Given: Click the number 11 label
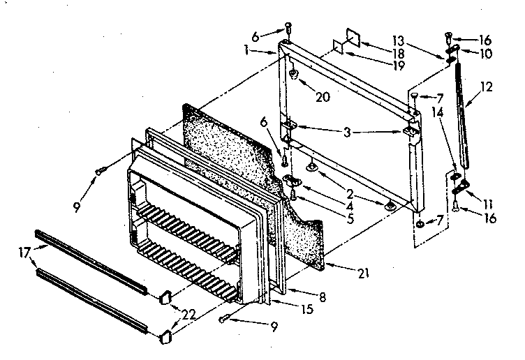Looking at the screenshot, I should click(487, 203).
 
